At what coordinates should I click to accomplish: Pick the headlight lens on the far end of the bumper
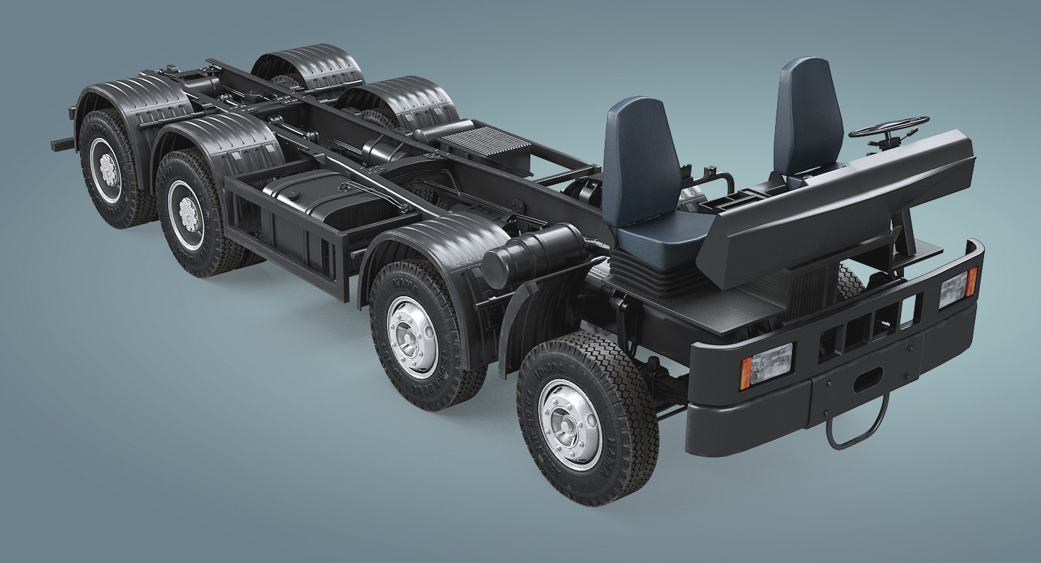952,289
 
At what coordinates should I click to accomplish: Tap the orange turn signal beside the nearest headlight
746,373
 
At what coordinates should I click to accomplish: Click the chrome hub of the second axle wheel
412,336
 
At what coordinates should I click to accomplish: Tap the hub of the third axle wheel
186,214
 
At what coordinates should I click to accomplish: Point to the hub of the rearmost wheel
108,170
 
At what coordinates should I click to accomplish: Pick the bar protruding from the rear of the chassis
63,144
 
